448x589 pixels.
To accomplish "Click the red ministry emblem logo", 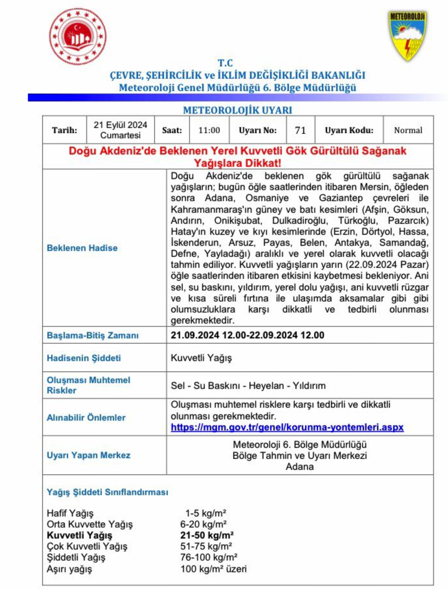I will (x=77, y=37).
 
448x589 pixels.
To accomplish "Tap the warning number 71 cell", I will (x=300, y=130).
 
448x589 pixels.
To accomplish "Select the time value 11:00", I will (x=209, y=130).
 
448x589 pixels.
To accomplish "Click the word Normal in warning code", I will (x=408, y=130).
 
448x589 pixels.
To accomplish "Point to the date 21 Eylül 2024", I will (x=120, y=125).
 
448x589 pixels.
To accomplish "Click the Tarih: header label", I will (x=64, y=130).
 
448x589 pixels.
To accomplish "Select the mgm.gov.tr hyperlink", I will (x=287, y=427).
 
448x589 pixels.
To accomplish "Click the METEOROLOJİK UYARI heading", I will (x=237, y=110).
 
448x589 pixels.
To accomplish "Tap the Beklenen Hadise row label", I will (x=82, y=248).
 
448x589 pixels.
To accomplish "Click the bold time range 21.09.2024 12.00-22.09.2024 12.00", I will (x=247, y=335).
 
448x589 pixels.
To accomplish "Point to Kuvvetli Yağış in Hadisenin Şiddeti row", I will (x=201, y=358).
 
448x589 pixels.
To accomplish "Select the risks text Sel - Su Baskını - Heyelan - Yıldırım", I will (x=248, y=386).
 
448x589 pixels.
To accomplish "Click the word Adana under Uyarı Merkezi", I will (x=299, y=466).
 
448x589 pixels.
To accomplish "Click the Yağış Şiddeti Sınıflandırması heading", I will (x=107, y=492).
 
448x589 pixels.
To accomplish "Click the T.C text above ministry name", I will (x=225, y=63).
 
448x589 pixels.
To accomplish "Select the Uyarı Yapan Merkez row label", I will (x=88, y=455).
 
